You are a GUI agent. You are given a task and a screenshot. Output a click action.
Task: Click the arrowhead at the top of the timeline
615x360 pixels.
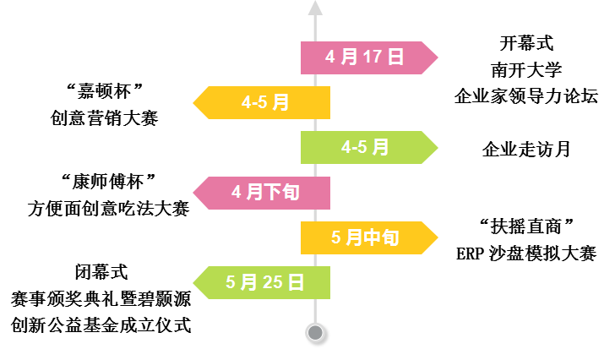tap(315, 8)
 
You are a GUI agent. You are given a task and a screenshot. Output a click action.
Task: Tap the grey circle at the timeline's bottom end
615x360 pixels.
tap(315, 332)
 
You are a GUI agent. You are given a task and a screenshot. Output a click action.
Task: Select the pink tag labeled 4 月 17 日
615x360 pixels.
tap(365, 57)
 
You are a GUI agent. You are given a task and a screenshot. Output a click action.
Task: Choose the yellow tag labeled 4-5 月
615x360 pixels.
tap(265, 102)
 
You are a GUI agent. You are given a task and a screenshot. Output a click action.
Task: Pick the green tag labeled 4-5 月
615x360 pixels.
tap(365, 147)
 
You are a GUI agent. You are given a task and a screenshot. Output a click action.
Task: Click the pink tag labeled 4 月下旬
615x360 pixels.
tap(265, 193)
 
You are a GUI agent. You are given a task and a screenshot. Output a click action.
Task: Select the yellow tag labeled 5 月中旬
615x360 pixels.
tap(365, 237)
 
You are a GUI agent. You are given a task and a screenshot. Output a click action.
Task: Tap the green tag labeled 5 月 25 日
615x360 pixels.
tap(265, 282)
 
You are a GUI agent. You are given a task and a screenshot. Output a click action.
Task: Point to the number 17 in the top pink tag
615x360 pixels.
tap(373, 57)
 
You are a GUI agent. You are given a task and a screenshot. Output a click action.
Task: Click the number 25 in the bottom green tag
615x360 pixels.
tap(273, 282)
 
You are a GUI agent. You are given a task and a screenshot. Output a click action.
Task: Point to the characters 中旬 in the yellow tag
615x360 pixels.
tap(381, 237)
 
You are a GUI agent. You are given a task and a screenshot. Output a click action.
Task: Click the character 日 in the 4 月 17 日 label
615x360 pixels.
tap(396, 57)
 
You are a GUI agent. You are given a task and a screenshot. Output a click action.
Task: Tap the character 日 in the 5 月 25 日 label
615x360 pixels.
tap(296, 282)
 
